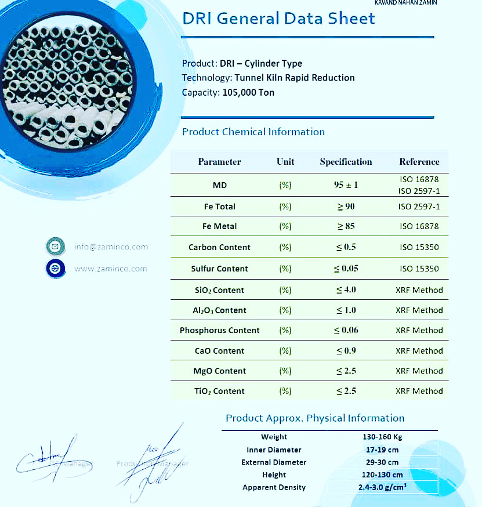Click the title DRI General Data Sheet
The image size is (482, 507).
click(x=278, y=19)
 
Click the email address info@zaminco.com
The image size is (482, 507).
click(x=111, y=247)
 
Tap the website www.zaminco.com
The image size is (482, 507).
click(x=110, y=269)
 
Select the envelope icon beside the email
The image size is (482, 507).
click(x=55, y=247)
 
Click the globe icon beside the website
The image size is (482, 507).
click(x=55, y=269)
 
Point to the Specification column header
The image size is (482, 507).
click(x=346, y=162)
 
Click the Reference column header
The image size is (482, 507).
click(x=419, y=162)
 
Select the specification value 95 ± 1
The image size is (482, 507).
click(x=346, y=185)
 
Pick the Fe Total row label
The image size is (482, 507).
click(x=219, y=207)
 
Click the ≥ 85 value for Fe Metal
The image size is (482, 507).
click(x=346, y=226)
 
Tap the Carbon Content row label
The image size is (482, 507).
click(x=219, y=247)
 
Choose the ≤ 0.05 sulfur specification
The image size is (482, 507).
click(x=346, y=269)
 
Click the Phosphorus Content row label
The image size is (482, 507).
click(x=219, y=330)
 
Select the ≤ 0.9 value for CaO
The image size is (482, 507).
click(x=346, y=351)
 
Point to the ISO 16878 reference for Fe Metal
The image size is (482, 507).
click(x=419, y=226)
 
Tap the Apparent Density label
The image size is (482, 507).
click(x=274, y=487)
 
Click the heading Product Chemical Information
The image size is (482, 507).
click(x=253, y=132)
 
